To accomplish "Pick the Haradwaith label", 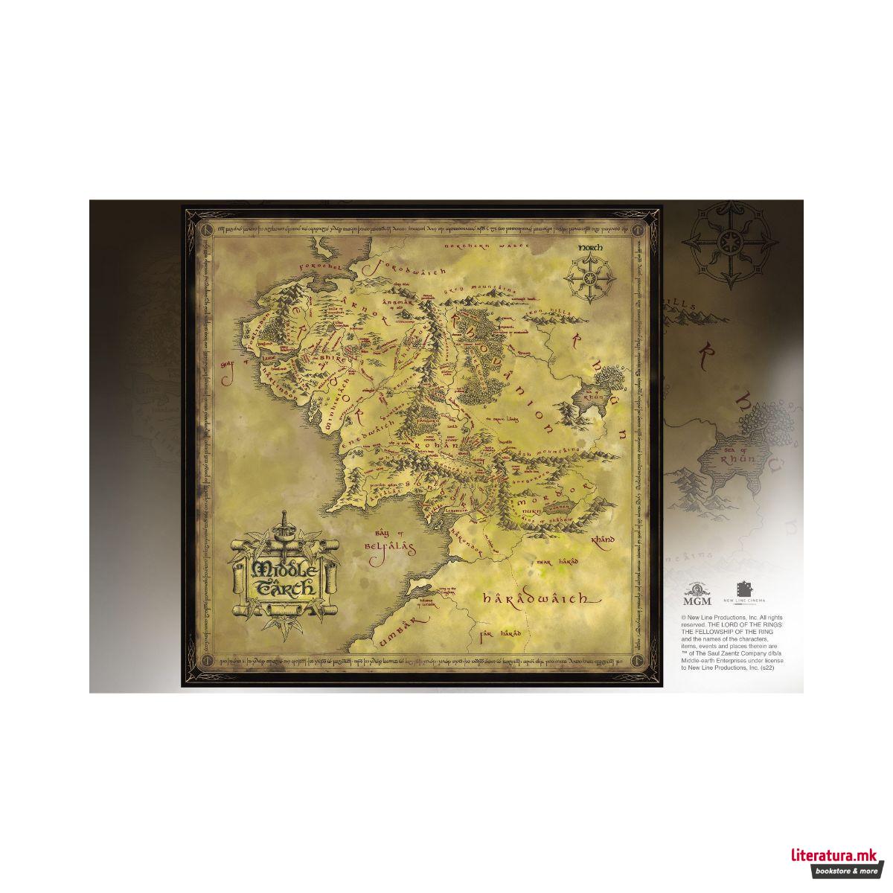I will [x=537, y=598].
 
